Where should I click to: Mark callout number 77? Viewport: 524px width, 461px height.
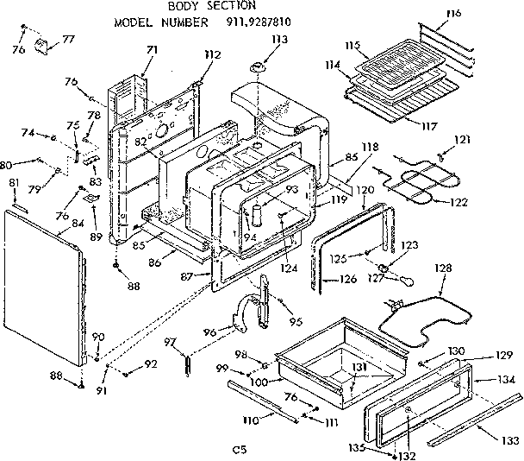point(68,39)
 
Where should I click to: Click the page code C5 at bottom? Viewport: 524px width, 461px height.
point(239,449)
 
